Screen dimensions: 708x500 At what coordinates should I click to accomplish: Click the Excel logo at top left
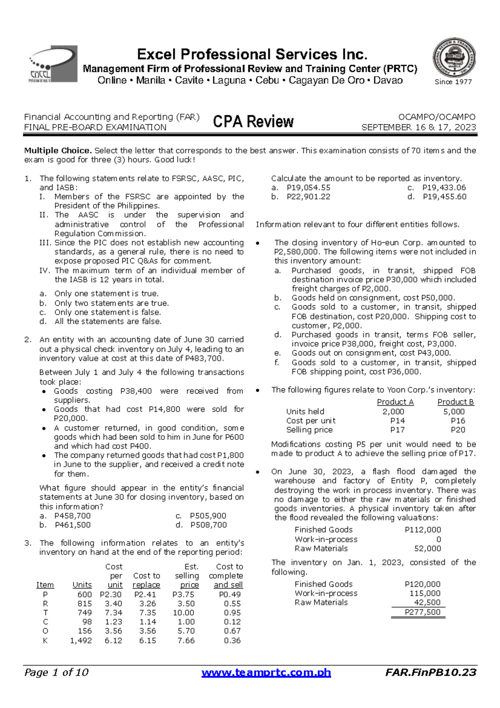[x=53, y=64]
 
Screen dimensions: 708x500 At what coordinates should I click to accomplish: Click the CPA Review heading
[x=253, y=122]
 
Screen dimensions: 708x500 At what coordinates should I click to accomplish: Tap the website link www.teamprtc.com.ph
[x=266, y=672]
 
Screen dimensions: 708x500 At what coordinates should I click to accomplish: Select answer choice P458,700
[x=72, y=516]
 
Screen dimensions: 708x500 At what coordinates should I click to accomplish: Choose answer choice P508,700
[x=208, y=525]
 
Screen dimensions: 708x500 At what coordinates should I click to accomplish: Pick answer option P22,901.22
[x=308, y=197]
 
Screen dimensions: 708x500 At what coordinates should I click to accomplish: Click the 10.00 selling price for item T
[x=183, y=613]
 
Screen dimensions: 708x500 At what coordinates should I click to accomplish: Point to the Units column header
[x=82, y=585]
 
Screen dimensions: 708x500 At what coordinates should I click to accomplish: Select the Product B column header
[x=455, y=402]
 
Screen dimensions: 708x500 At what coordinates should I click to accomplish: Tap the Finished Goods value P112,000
[x=422, y=530]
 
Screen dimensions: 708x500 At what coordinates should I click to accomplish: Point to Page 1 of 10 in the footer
[x=56, y=672]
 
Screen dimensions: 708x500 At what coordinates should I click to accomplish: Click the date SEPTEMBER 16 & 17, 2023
[x=418, y=128]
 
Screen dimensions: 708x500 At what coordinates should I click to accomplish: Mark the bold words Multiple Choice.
[x=57, y=151]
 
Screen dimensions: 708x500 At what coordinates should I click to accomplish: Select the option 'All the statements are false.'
[x=108, y=321]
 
